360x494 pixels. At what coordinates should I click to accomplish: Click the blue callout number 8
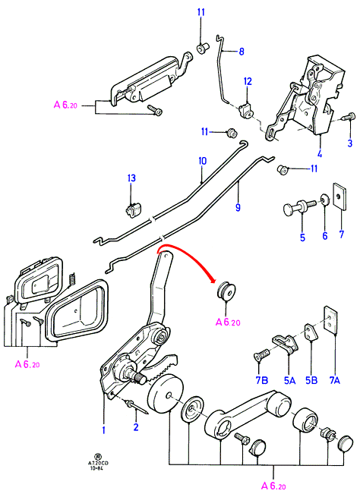[x=242, y=51]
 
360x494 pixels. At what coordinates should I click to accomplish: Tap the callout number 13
[x=131, y=178]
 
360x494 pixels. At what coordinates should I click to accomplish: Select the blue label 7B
[x=262, y=380]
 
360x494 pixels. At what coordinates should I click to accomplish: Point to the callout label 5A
[x=289, y=380]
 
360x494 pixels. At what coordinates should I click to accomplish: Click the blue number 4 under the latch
[x=320, y=154]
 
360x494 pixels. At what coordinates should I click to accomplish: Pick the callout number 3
[x=349, y=143]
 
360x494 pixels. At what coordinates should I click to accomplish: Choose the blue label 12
[x=248, y=81]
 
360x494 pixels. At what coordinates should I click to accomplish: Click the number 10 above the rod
[x=202, y=161]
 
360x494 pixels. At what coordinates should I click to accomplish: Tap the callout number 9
[x=238, y=207]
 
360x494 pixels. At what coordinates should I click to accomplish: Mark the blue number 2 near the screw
[x=136, y=427]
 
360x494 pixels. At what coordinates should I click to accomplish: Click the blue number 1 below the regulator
[x=103, y=429]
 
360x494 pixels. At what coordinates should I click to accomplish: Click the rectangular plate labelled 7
[x=339, y=197]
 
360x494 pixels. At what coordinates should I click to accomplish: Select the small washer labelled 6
[x=325, y=200]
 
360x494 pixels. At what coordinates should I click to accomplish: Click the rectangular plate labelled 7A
[x=330, y=320]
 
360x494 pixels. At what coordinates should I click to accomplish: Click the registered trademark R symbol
[x=98, y=456]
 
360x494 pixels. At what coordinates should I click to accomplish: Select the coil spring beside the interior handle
[x=71, y=278]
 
